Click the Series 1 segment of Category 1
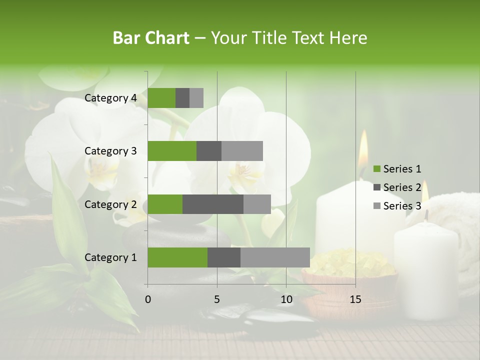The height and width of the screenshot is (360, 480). point(177,257)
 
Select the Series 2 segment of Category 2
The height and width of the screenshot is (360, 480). point(213,204)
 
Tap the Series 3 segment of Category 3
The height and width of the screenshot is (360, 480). point(242,151)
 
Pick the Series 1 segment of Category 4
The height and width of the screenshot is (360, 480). point(161,98)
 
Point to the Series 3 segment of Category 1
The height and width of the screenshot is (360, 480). point(275,257)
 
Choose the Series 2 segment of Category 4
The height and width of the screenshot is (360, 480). point(182,98)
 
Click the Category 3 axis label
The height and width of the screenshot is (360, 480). point(110,151)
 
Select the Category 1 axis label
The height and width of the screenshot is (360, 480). point(110,257)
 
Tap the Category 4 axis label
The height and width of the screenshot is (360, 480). point(110,98)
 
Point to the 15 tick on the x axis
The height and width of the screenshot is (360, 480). point(355,299)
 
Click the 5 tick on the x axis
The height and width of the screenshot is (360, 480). point(217,299)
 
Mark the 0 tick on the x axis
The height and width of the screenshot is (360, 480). point(147,299)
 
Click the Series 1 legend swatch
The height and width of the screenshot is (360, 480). point(376,169)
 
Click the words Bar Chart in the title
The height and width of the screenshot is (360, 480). point(151,38)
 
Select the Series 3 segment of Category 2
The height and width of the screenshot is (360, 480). point(257,204)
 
